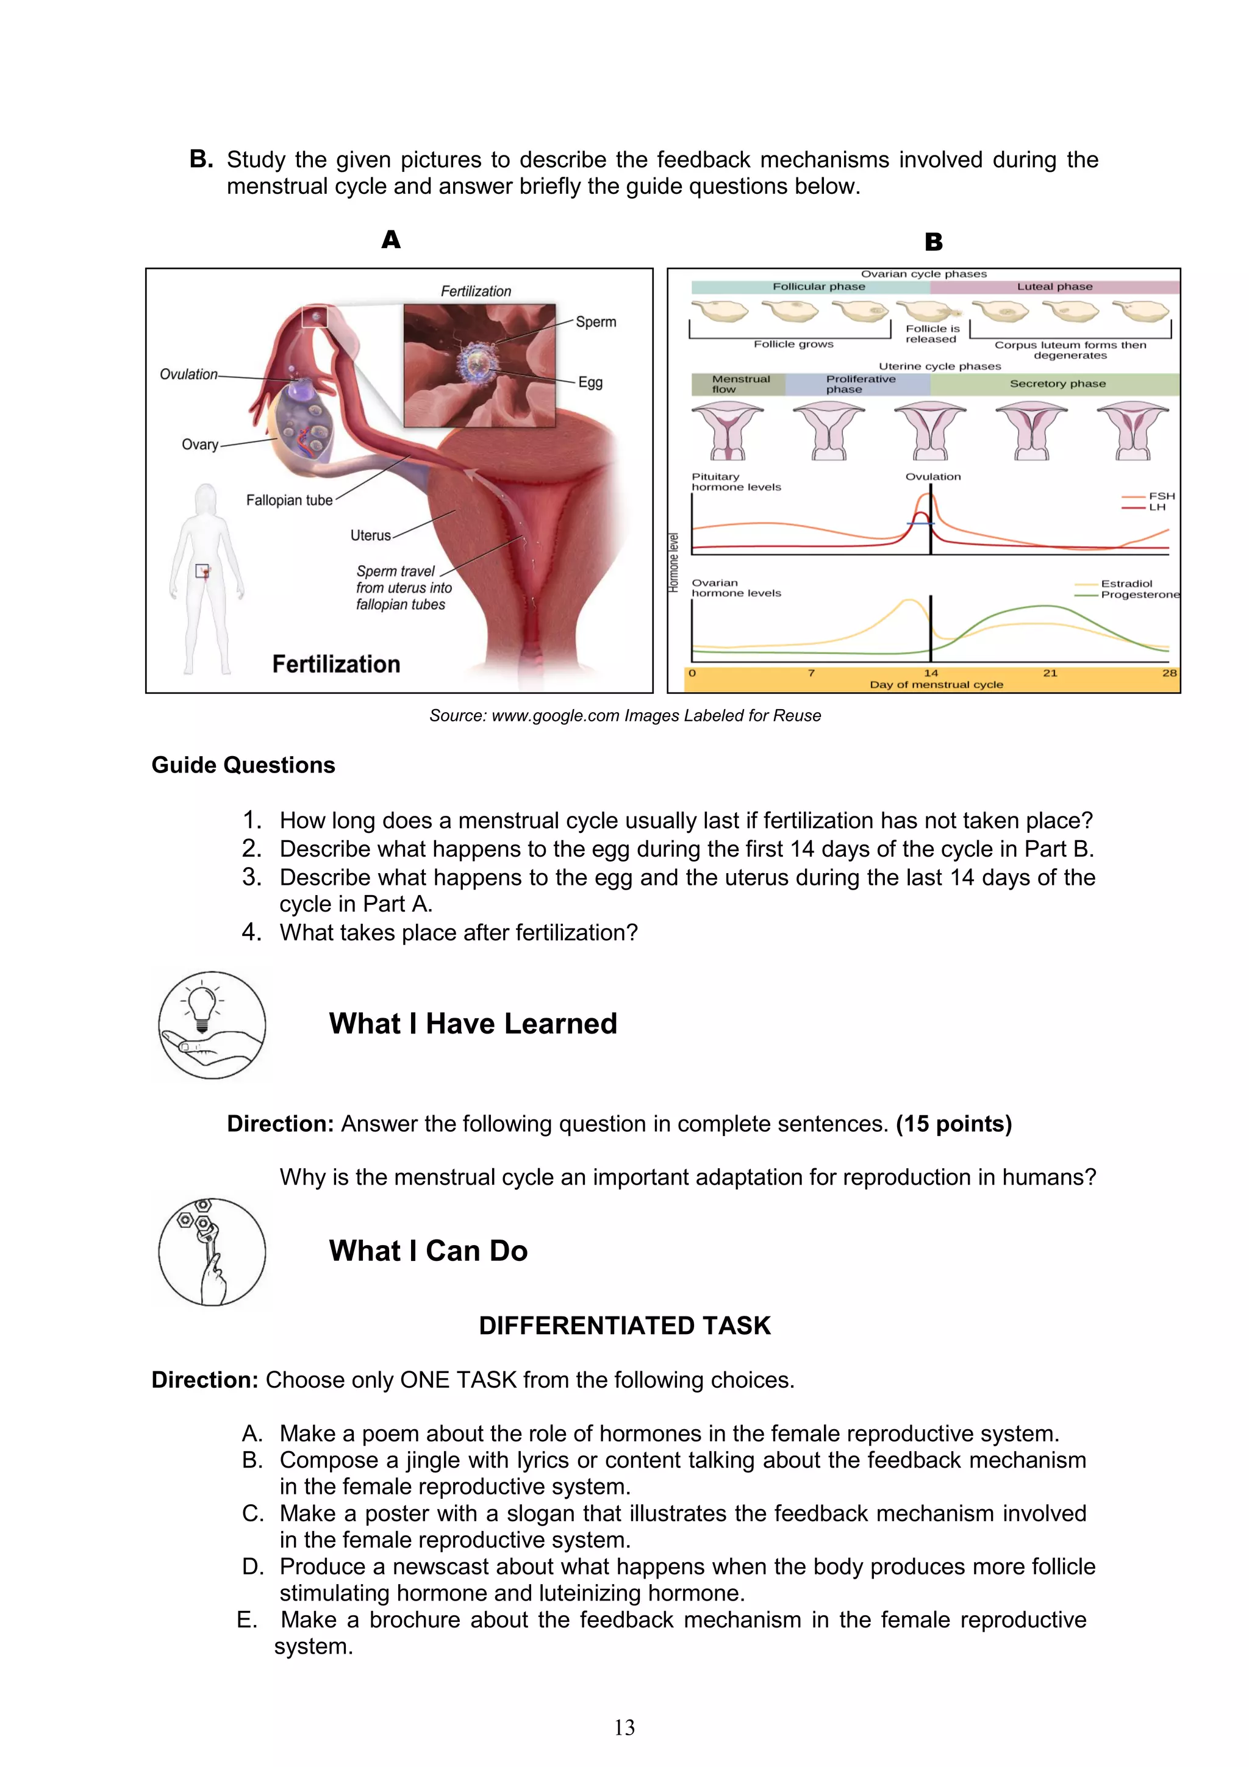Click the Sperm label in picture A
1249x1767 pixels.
pyautogui.click(x=596, y=322)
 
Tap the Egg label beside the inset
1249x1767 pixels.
pyautogui.click(x=590, y=382)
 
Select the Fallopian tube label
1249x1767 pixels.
pyautogui.click(x=289, y=500)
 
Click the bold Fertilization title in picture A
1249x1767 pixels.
pyautogui.click(x=336, y=664)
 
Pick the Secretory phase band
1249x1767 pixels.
pyautogui.click(x=1057, y=384)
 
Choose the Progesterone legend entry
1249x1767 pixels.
pyautogui.click(x=1138, y=595)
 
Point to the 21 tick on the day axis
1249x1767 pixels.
pyautogui.click(x=1050, y=673)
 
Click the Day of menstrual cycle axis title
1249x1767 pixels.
pyautogui.click(x=936, y=684)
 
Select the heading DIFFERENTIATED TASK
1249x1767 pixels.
pyautogui.click(x=624, y=1326)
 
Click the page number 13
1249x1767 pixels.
pyautogui.click(x=624, y=1728)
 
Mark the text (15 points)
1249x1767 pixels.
pyautogui.click(x=953, y=1124)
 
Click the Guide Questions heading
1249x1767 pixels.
pyautogui.click(x=243, y=765)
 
